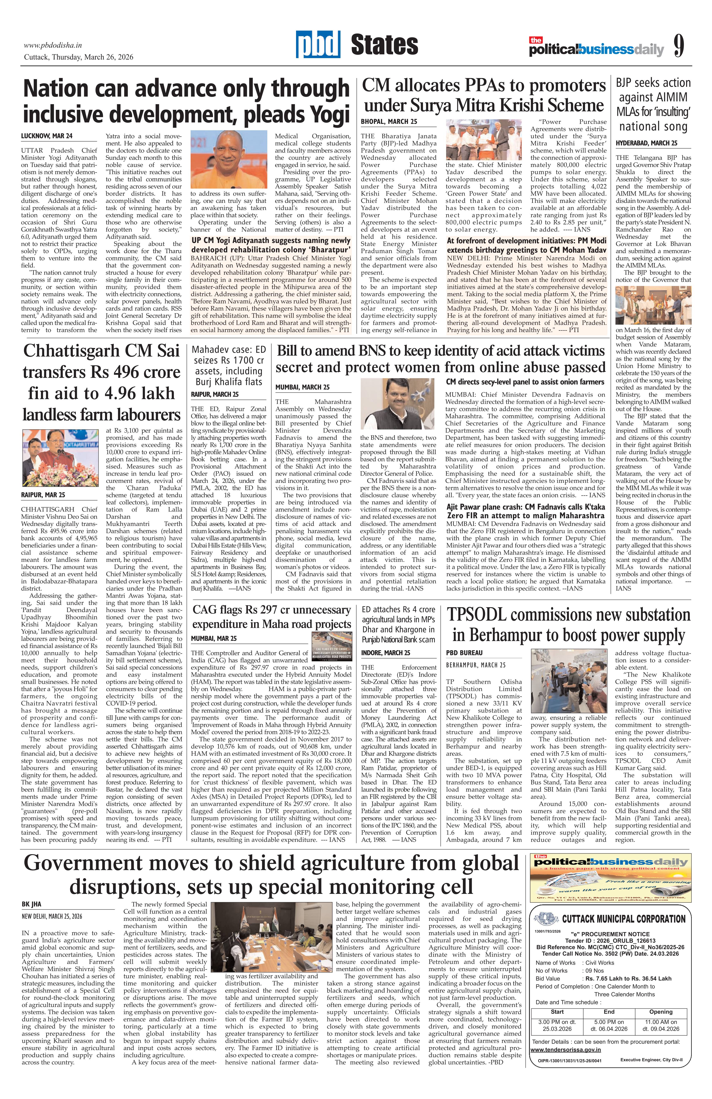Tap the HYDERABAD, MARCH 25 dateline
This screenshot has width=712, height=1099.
point(646,143)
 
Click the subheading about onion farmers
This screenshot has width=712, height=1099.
point(524,382)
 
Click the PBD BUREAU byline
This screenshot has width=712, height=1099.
point(464,653)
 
